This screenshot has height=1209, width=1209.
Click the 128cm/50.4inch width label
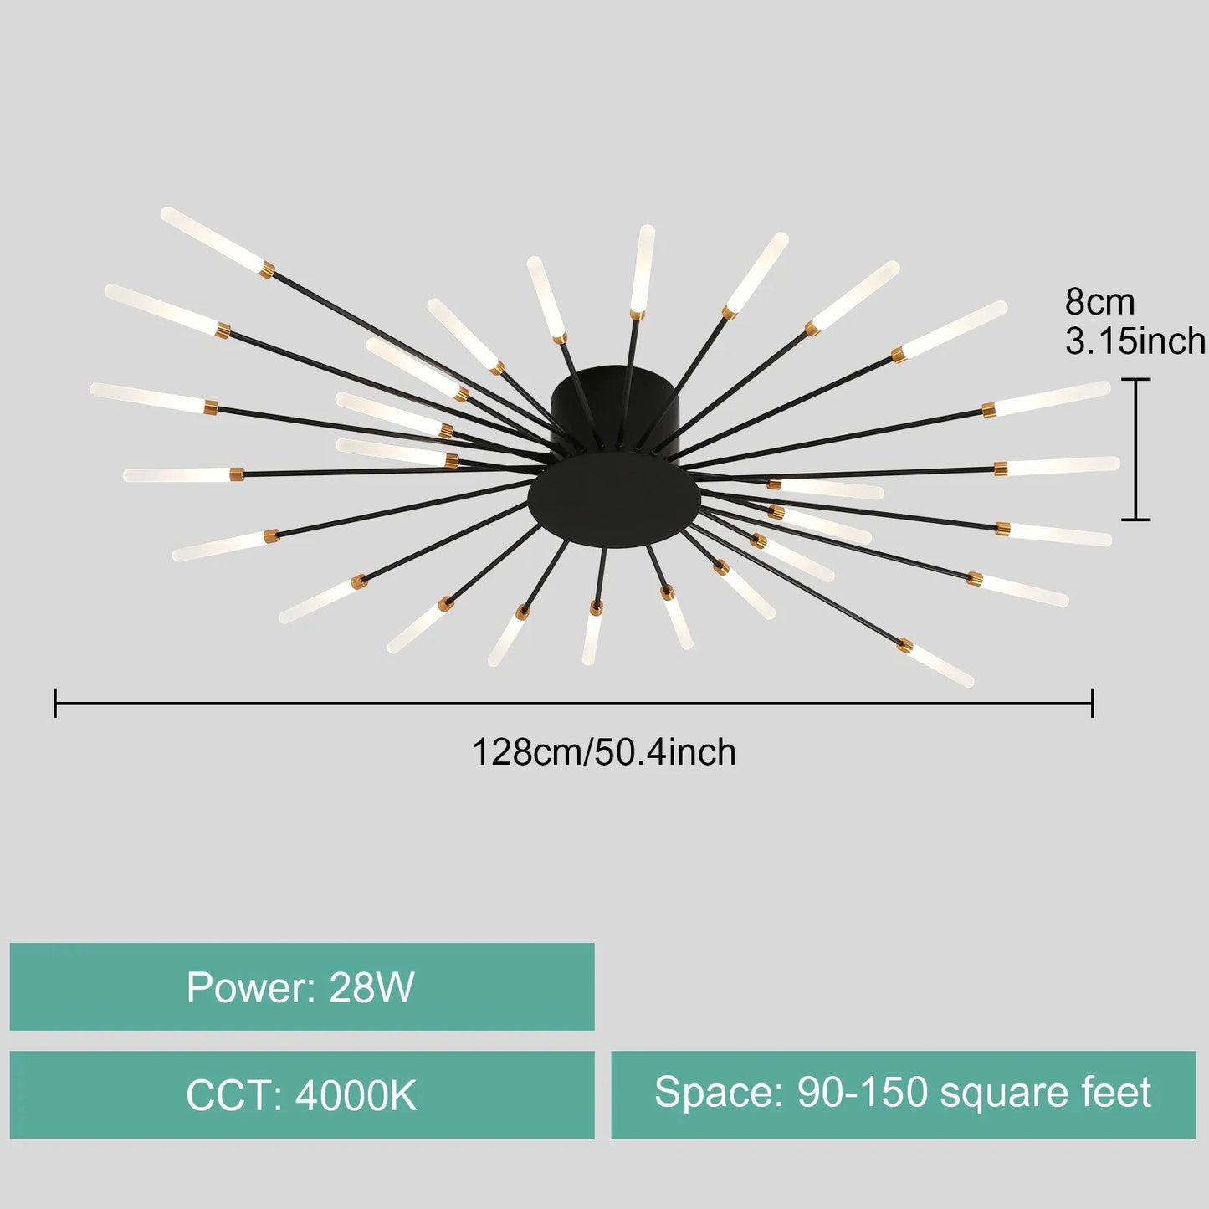pyautogui.click(x=604, y=751)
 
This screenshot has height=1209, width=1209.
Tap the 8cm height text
pyautogui.click(x=1099, y=301)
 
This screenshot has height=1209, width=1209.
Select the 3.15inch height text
pyautogui.click(x=1135, y=341)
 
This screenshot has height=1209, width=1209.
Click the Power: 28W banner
pyautogui.click(x=302, y=987)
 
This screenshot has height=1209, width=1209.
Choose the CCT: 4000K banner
pyautogui.click(x=302, y=1094)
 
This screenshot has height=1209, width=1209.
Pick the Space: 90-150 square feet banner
pyautogui.click(x=903, y=1094)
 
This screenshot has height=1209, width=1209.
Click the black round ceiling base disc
pyautogui.click(x=613, y=503)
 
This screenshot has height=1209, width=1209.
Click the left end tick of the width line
pyautogui.click(x=55, y=703)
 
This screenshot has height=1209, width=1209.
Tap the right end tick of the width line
pyautogui.click(x=1092, y=703)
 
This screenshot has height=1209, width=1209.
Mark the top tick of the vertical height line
pyautogui.click(x=1135, y=380)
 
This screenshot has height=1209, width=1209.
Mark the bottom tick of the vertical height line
pyautogui.click(x=1135, y=520)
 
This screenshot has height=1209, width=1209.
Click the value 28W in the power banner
pyautogui.click(x=371, y=987)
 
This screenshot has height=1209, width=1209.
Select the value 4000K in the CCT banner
pyautogui.click(x=356, y=1095)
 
